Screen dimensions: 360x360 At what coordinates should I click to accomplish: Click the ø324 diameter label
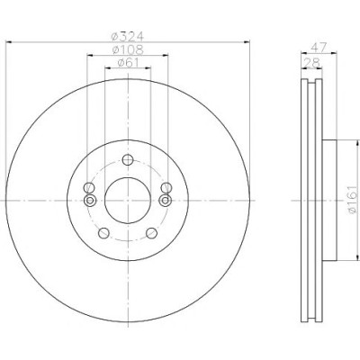click(x=128, y=36)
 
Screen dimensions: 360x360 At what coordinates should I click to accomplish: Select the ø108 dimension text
click(x=128, y=49)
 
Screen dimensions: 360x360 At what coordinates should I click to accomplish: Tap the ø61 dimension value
click(x=128, y=62)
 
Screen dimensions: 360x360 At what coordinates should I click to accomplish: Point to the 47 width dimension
click(x=319, y=48)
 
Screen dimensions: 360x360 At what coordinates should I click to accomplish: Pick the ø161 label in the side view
click(x=353, y=200)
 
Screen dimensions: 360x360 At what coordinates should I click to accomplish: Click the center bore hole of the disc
click(x=128, y=200)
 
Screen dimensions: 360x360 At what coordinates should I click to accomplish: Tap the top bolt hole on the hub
click(x=128, y=159)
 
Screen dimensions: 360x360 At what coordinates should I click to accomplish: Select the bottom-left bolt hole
click(x=103, y=233)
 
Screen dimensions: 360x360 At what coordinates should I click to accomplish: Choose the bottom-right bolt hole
click(x=152, y=233)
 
